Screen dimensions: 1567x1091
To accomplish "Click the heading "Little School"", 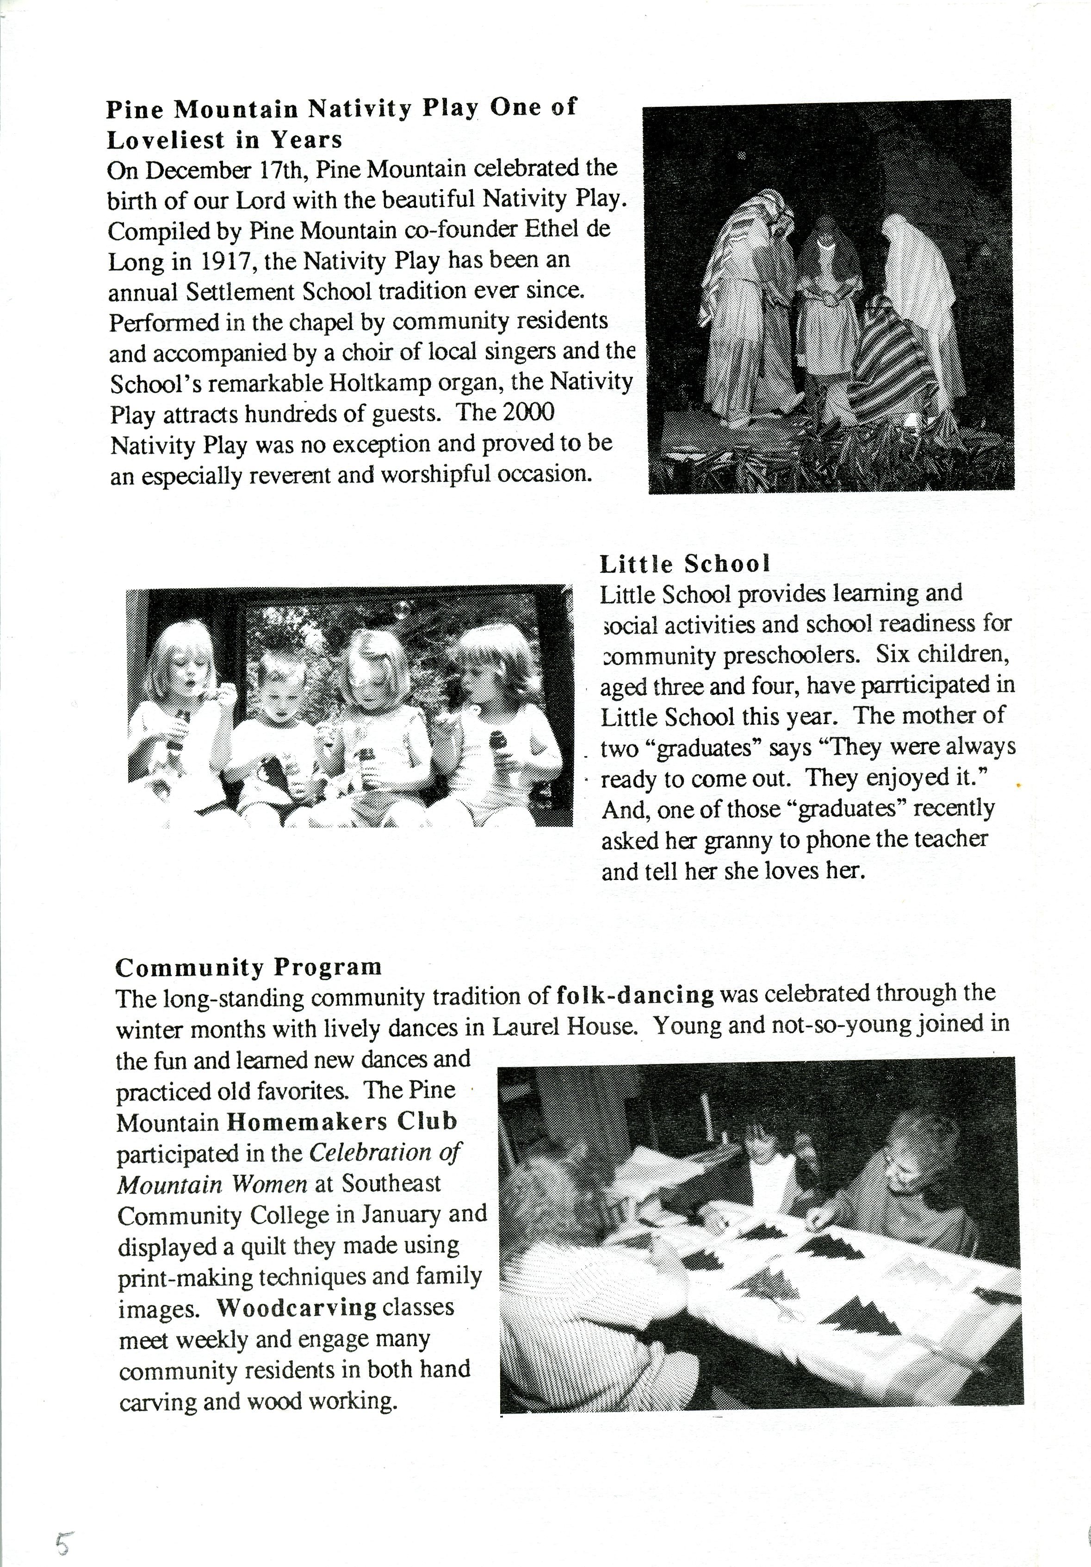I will click(x=685, y=564).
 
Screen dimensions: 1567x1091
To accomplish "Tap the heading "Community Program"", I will click(x=248, y=967).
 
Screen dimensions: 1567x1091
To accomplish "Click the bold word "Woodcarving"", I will click(x=297, y=1308).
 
